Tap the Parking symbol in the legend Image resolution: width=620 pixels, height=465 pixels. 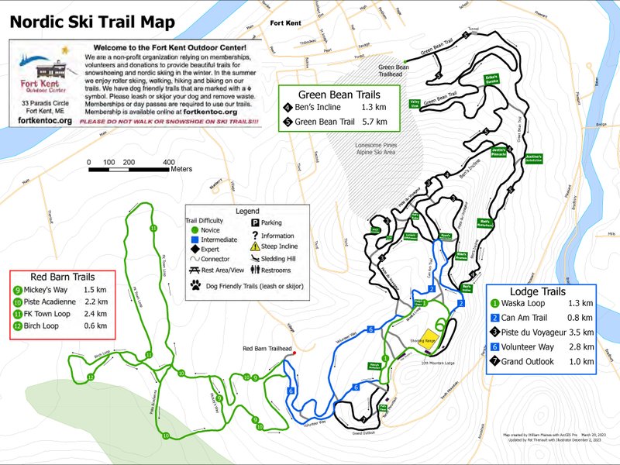(x=255, y=222)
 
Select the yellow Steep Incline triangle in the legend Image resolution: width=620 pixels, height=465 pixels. (x=255, y=246)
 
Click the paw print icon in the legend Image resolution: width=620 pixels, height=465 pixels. (x=195, y=286)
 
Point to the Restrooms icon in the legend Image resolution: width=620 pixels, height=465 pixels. (x=255, y=270)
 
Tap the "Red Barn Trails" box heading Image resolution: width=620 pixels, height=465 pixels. (x=62, y=277)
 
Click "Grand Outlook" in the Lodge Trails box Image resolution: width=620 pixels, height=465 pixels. (x=535, y=362)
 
